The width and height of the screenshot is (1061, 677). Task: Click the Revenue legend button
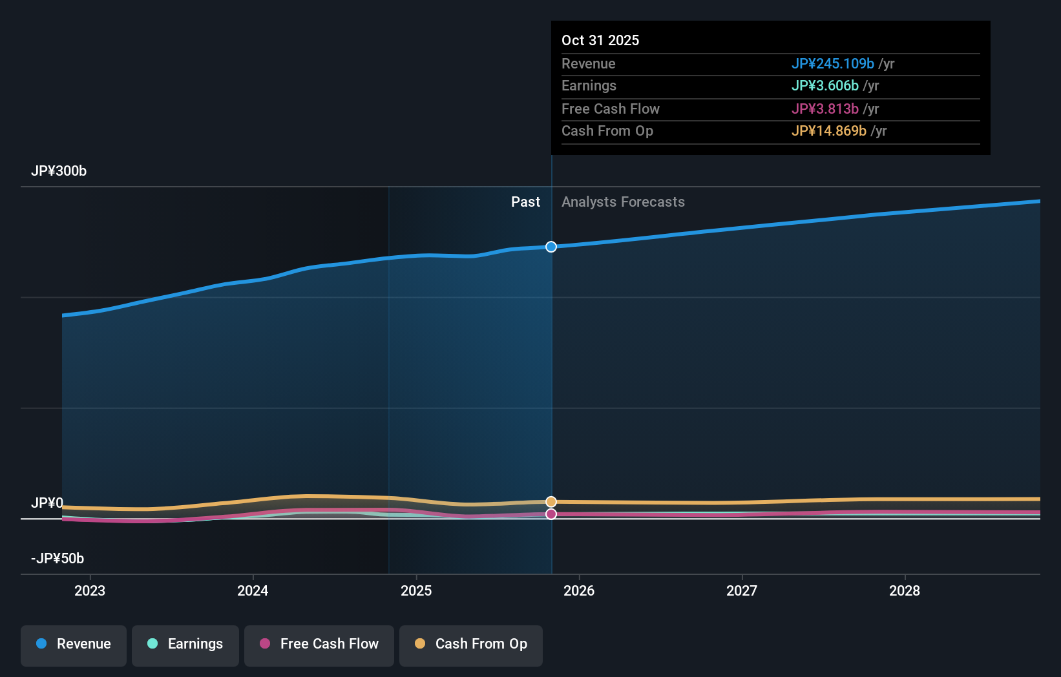tap(74, 645)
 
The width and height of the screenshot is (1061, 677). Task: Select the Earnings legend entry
tap(185, 645)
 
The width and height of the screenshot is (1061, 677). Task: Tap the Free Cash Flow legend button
tap(319, 645)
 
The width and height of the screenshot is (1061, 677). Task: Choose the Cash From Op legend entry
tap(471, 645)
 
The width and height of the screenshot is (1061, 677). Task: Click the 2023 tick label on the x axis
tap(90, 591)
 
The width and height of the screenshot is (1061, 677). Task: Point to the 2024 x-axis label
tap(253, 591)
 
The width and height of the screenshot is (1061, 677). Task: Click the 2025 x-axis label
tap(416, 591)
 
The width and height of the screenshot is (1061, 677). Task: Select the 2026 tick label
tap(579, 591)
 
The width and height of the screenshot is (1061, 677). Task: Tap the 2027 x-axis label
tap(742, 591)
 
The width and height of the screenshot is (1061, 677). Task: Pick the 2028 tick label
tap(905, 591)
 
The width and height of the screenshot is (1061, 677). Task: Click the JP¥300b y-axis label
tap(59, 171)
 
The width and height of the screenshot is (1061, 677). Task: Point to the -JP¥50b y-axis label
tap(58, 559)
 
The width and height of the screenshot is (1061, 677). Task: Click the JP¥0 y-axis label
tap(47, 503)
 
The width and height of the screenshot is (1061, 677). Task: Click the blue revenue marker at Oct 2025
tap(551, 247)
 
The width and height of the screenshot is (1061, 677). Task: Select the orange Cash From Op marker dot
tap(551, 502)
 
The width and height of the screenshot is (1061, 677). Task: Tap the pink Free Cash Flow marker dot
tap(551, 514)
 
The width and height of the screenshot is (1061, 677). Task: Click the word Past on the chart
tap(525, 202)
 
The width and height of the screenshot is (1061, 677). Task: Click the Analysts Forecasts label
tap(623, 202)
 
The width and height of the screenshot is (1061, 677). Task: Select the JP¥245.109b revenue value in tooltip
tap(832, 64)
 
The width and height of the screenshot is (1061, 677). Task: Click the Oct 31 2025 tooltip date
tap(600, 41)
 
